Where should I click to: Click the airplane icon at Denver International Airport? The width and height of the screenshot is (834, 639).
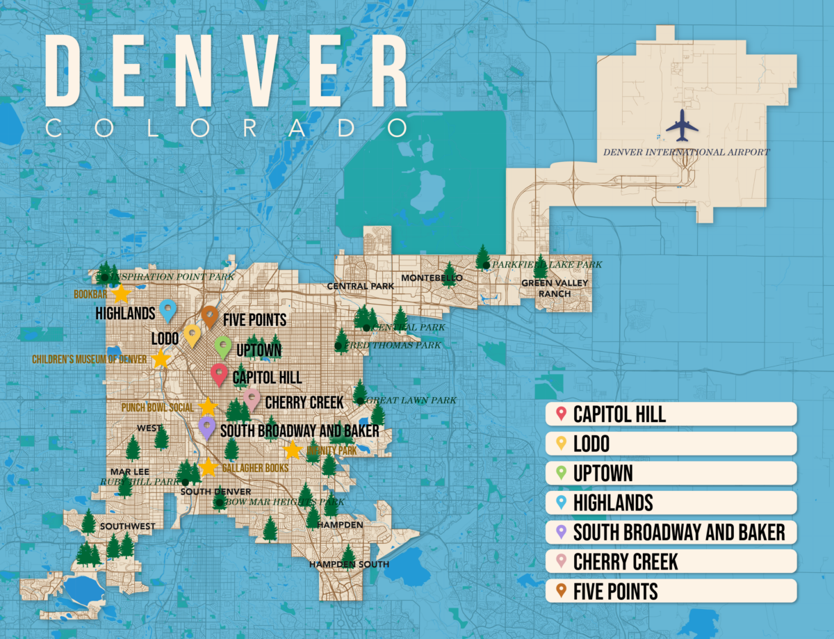681,126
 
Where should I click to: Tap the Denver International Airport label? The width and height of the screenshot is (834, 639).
686,152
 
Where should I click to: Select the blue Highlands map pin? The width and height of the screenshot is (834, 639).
167,310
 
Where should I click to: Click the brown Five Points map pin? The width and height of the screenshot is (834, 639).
210,316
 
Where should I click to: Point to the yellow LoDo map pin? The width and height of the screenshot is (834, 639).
193,334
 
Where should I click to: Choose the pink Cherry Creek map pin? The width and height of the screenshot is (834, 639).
252,399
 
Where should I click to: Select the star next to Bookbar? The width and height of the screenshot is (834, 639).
121,293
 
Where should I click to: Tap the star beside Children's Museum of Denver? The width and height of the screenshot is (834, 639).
161,359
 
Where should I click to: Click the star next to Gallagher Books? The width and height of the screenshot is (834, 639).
207,467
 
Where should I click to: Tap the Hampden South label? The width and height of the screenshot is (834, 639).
349,564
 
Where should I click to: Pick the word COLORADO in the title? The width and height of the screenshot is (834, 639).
226,128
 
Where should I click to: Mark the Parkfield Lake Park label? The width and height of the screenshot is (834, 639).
546,264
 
